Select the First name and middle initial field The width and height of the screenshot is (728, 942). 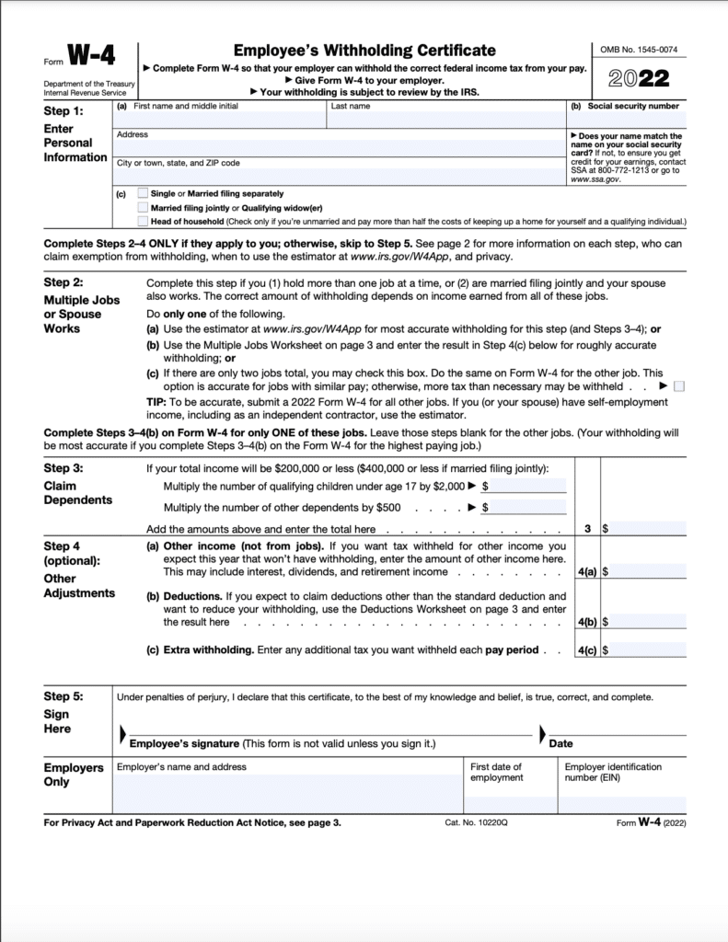click(218, 120)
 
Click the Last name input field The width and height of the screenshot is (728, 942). click(445, 120)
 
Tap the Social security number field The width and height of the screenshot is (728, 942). click(625, 120)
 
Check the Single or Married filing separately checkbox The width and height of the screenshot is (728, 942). click(142, 194)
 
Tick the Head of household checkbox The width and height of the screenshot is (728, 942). click(142, 221)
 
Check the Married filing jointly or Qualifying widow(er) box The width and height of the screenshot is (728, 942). click(142, 208)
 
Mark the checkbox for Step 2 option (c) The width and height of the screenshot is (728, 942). click(679, 386)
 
